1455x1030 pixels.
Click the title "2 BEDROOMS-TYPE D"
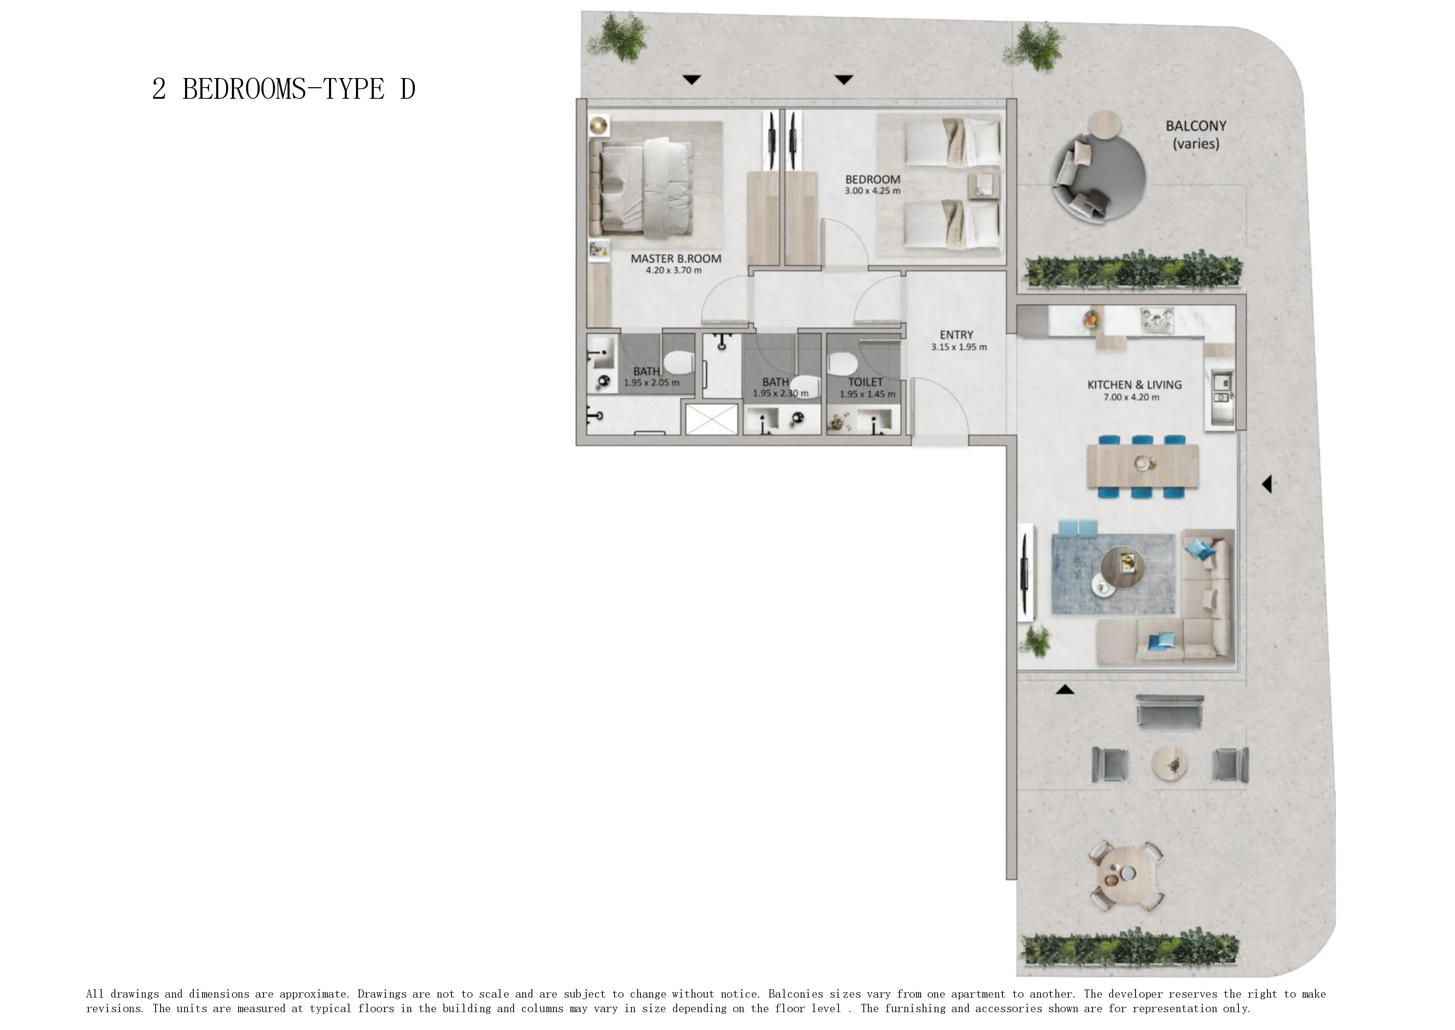pos(283,89)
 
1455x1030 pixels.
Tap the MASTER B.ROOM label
pos(676,259)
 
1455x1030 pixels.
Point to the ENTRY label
pos(957,335)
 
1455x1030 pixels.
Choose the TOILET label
pos(865,382)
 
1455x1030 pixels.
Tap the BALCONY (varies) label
pos(1196,134)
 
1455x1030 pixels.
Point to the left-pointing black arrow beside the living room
pos(1267,485)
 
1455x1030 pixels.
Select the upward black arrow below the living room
pos(1065,689)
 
